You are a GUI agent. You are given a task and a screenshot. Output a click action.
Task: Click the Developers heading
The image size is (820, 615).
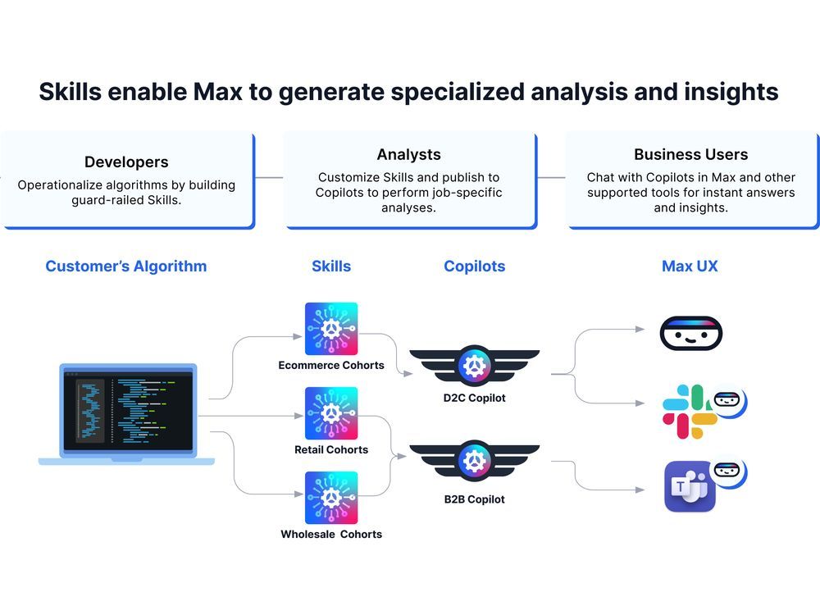coord(126,162)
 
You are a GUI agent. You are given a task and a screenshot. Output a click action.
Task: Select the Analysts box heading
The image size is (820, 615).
coord(408,154)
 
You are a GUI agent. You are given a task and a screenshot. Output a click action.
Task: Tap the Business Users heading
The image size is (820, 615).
coord(690,154)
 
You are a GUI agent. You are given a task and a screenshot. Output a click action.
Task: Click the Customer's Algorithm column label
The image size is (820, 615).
coord(126,266)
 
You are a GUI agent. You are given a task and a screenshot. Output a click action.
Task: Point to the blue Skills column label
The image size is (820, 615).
coord(331,266)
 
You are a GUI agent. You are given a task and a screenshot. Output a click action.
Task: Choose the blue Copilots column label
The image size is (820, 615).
coord(474,266)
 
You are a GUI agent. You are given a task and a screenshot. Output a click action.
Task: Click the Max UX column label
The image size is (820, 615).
coord(690,266)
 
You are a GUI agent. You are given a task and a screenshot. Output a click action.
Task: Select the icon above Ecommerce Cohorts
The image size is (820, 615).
coord(331,329)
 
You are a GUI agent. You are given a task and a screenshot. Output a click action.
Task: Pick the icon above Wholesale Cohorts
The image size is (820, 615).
coord(331,498)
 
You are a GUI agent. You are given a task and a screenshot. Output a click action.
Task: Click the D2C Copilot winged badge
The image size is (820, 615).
coord(474,367)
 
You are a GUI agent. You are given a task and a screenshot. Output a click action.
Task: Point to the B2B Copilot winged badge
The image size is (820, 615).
coord(474,462)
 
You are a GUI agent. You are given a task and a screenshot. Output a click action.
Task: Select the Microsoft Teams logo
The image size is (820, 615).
coord(689,487)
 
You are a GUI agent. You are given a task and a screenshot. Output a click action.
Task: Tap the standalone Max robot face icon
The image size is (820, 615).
coord(690,333)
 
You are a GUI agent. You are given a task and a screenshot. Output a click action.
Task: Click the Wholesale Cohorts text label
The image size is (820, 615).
coord(331,535)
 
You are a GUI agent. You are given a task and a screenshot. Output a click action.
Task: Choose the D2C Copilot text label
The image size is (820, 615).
coord(474,399)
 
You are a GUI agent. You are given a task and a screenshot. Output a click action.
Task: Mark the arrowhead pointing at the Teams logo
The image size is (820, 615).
coord(641,490)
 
